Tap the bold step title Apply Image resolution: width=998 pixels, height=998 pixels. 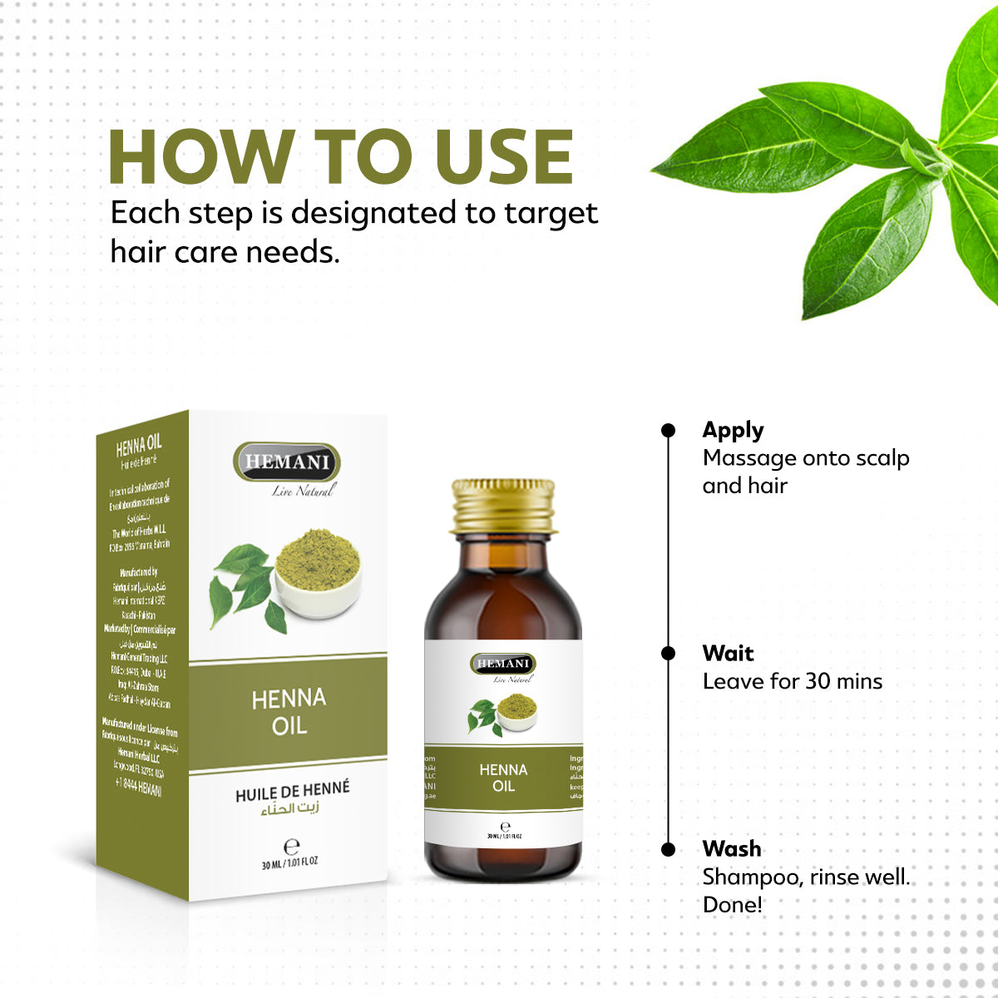[x=733, y=430]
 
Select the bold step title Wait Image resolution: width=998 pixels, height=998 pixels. [x=728, y=653]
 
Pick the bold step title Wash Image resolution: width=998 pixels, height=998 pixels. [x=732, y=848]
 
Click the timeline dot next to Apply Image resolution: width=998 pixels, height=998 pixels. [x=668, y=430]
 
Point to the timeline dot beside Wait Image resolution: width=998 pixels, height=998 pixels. [x=668, y=654]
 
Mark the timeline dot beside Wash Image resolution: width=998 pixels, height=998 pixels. [x=668, y=849]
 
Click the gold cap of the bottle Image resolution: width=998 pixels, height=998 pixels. [x=503, y=506]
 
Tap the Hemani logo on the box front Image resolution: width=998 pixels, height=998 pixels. [x=287, y=462]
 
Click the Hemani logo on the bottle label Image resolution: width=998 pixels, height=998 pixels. [x=503, y=664]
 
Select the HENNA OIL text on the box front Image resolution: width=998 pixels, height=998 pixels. [x=289, y=712]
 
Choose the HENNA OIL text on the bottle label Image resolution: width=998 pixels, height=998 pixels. [x=503, y=777]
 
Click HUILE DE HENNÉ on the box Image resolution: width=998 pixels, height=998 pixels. [x=292, y=792]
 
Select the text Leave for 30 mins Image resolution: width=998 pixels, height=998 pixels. [x=792, y=682]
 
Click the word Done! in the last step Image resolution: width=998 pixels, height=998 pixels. [x=732, y=905]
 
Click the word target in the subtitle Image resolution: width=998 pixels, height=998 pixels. [x=551, y=213]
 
